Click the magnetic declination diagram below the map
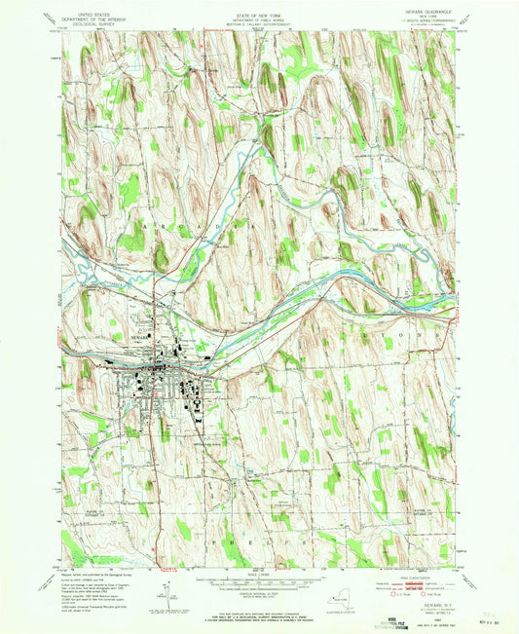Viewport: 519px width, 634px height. tap(167, 588)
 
